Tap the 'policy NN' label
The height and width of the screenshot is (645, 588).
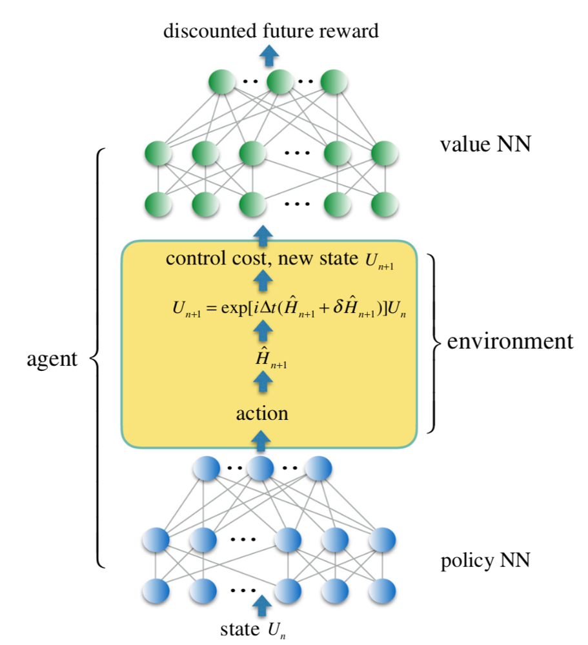485,560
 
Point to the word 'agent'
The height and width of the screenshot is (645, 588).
52,359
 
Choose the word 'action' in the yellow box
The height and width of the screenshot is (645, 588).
262,412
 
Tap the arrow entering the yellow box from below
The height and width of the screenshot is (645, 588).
261,441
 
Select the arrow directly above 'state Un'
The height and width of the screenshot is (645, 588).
261,604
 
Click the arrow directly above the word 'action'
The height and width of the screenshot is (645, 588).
262,384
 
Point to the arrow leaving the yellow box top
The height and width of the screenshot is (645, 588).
262,235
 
